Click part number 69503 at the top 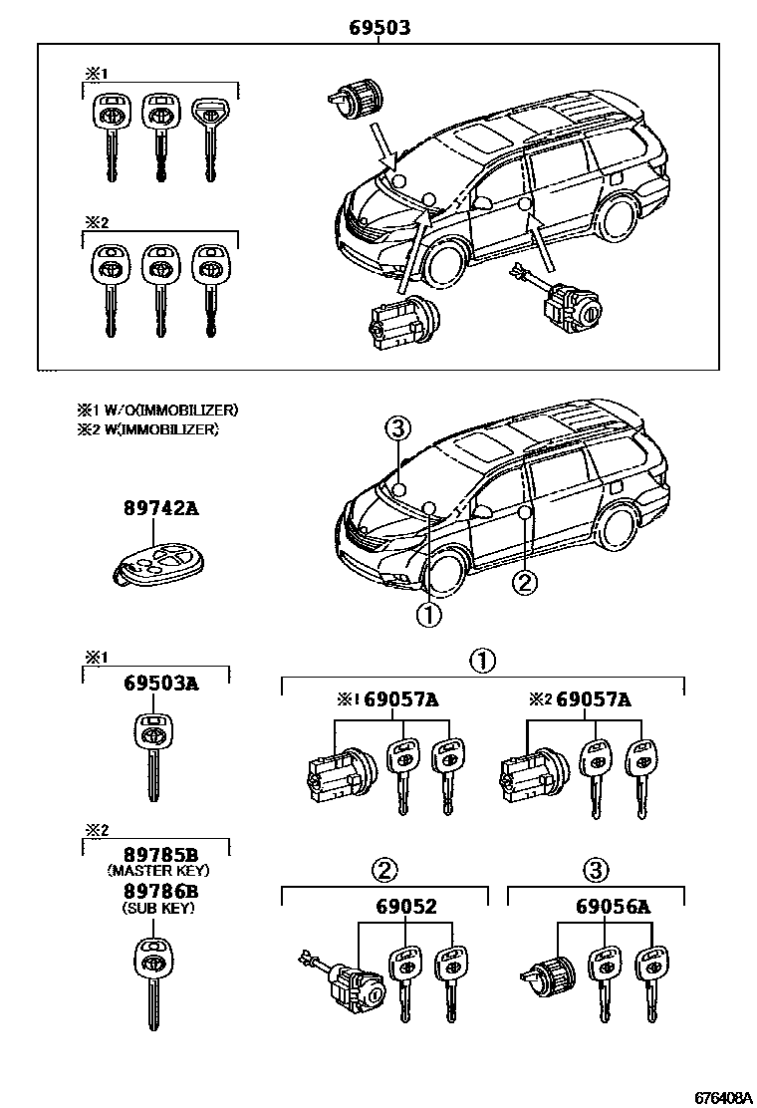point(378,28)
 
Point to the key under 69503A point(152,757)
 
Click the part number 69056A point(606,906)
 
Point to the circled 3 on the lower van point(397,429)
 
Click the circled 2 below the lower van point(525,582)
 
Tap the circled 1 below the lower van point(428,615)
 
